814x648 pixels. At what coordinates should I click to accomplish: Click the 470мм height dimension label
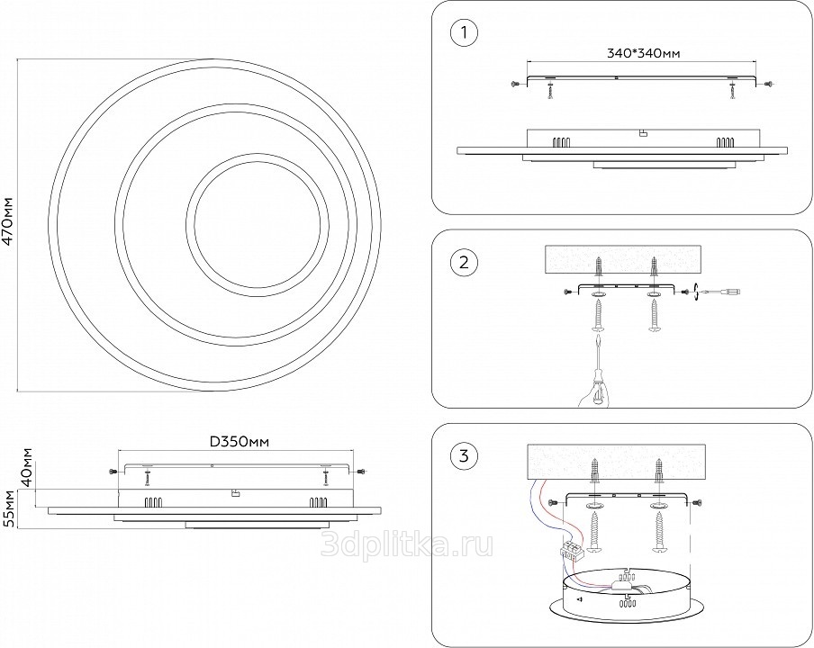click(x=8, y=221)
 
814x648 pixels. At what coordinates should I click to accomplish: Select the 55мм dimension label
click(x=10, y=509)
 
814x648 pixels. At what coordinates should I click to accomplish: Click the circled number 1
click(x=463, y=35)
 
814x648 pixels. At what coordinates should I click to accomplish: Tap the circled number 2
click(x=463, y=264)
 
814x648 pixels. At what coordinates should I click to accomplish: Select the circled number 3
click(x=463, y=456)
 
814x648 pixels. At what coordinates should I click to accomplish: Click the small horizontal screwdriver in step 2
click(x=722, y=292)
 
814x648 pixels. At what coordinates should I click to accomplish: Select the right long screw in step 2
click(x=654, y=317)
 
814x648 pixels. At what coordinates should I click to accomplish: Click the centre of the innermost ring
click(x=255, y=219)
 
